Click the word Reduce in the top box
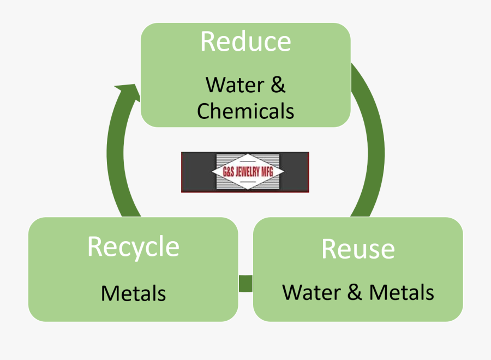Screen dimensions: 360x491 245,42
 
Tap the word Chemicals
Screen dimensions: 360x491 245,111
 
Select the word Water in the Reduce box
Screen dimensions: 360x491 234,85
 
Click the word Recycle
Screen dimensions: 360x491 133,247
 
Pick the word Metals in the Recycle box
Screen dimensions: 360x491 133,293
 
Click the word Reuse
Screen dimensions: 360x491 358,249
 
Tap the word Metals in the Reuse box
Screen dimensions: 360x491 402,292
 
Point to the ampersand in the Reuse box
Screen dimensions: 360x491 355,292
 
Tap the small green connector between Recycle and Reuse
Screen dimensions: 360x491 245,284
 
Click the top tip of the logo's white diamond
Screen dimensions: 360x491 249,155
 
